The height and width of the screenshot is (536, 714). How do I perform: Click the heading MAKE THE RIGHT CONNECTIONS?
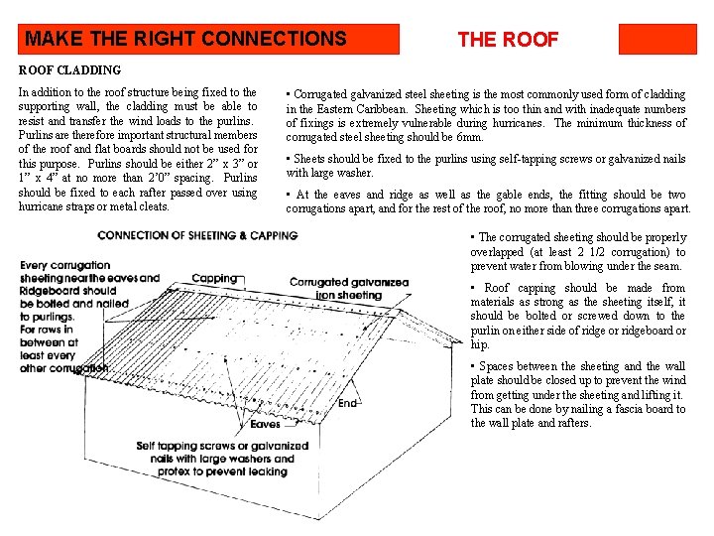click(185, 40)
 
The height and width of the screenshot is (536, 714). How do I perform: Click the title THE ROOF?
click(508, 40)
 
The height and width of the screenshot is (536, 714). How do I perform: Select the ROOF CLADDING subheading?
click(69, 70)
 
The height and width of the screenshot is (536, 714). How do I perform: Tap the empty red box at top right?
click(657, 40)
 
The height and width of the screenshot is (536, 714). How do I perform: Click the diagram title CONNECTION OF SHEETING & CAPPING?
click(197, 235)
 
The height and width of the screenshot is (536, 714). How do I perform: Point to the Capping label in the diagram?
click(214, 279)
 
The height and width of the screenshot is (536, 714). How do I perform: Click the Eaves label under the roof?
click(265, 424)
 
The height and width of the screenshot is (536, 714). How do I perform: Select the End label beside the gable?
click(347, 403)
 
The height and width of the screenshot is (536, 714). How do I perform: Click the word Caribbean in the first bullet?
click(382, 109)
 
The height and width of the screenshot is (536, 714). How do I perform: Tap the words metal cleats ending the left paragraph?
click(141, 206)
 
